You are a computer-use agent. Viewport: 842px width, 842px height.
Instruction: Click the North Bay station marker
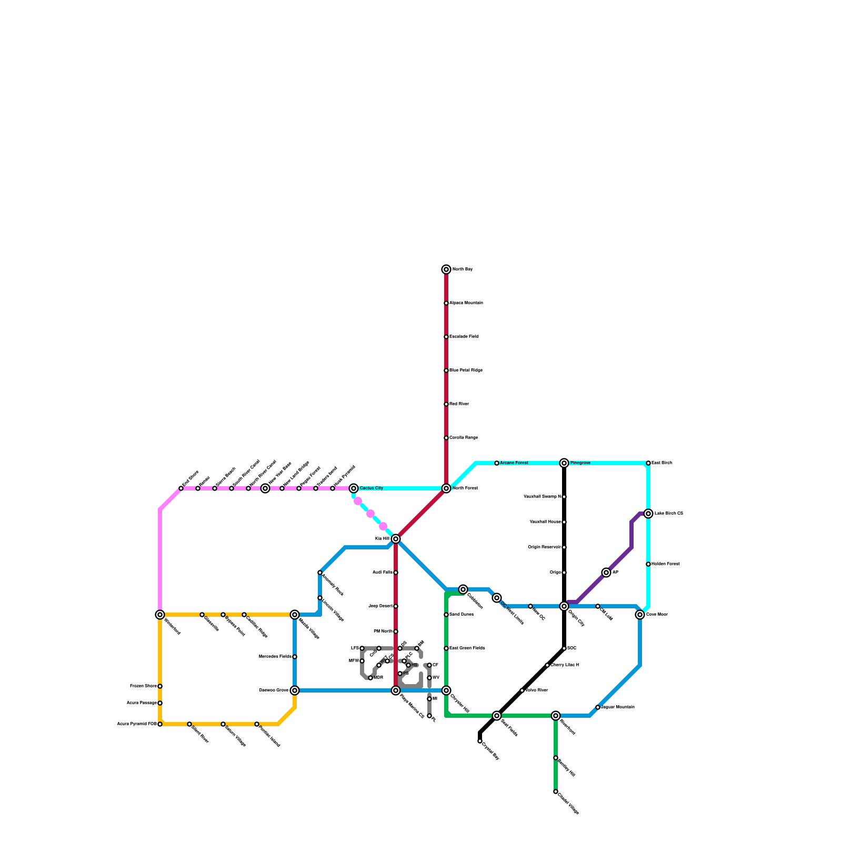pos(446,269)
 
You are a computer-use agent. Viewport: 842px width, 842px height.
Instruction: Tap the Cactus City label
pos(371,488)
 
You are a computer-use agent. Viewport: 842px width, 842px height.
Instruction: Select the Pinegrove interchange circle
pos(564,463)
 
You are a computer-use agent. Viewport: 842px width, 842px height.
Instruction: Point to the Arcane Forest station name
pos(514,463)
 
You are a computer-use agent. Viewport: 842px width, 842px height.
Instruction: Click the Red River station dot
pos(446,404)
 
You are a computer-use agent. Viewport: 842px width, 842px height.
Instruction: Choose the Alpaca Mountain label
pos(466,303)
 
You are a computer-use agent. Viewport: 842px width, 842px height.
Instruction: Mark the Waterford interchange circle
pos(160,615)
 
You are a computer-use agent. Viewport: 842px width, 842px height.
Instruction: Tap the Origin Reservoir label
pos(544,547)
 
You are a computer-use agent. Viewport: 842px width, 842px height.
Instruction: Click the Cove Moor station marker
pos(640,615)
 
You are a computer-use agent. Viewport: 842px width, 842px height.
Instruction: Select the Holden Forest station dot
pos(648,564)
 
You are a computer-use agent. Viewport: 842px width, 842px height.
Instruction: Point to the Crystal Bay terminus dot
pos(480,741)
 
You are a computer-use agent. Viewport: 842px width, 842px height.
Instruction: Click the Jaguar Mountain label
pos(617,707)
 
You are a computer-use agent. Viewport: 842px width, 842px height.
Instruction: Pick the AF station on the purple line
pos(606,573)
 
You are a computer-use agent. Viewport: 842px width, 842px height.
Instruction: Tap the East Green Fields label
pos(467,648)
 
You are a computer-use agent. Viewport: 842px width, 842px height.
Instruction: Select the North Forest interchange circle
pos(446,488)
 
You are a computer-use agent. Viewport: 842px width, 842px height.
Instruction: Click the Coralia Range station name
pos(463,438)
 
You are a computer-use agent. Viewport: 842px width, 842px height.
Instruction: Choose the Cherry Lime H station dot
pos(547,665)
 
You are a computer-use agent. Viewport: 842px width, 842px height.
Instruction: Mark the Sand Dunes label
pos(461,615)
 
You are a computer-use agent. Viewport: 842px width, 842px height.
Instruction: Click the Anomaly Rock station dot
pos(320,573)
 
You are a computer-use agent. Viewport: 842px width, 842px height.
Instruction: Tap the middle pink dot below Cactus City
pos(370,514)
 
